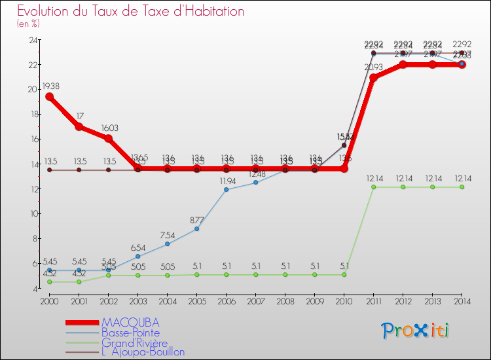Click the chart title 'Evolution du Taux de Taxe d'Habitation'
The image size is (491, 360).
131,11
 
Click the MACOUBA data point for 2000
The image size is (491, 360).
49,97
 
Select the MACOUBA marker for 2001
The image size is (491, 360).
79,126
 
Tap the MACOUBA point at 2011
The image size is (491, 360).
373,78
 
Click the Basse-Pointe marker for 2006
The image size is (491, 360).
226,190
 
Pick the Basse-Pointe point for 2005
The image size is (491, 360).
196,228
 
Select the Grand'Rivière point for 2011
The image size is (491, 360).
373,187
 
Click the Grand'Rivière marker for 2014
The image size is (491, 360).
462,187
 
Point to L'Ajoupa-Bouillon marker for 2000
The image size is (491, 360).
49,170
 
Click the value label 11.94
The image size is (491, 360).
227,180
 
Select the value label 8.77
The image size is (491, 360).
197,219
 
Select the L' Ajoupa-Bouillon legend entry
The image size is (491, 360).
143,352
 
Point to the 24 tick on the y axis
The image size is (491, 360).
32,40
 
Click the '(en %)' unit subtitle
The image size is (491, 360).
28,24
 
